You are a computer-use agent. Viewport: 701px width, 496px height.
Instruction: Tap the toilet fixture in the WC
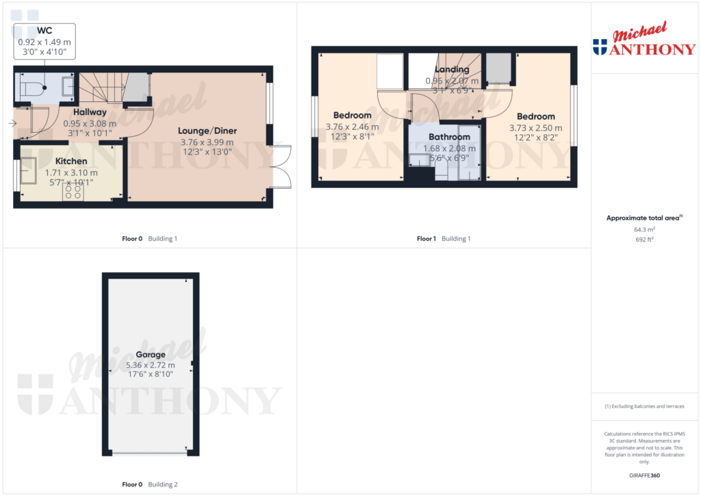click(31, 88)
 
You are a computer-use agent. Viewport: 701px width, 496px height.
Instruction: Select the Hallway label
click(90, 112)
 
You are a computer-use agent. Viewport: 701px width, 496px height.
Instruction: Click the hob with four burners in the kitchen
click(73, 193)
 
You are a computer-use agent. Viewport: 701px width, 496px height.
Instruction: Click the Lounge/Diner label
click(207, 131)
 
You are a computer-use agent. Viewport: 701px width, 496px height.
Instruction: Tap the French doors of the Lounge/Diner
click(281, 166)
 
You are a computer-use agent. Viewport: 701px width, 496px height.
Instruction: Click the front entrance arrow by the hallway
click(12, 124)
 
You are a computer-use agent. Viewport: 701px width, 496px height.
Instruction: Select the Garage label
click(150, 355)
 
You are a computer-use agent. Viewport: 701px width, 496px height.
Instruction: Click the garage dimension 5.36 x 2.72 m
click(150, 365)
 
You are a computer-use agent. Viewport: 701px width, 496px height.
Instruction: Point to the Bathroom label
click(449, 138)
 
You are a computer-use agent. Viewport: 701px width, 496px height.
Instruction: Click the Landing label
click(452, 70)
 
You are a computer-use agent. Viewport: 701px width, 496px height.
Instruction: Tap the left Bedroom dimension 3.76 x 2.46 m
click(352, 127)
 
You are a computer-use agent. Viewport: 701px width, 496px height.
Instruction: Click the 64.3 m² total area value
click(644, 230)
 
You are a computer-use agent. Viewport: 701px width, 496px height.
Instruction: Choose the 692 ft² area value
click(644, 239)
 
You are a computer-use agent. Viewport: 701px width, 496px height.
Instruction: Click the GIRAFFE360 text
click(644, 475)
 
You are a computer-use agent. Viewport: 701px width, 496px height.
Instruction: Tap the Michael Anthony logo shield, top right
click(600, 47)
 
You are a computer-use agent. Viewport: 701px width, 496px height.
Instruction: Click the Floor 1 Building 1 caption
click(443, 239)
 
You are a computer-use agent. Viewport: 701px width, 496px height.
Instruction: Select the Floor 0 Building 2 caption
click(149, 484)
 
